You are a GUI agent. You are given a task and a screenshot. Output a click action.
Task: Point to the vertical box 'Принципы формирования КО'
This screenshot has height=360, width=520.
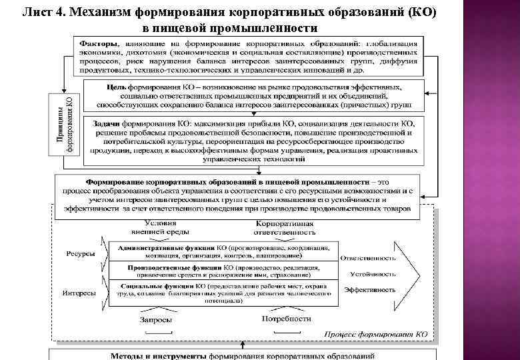[65, 124]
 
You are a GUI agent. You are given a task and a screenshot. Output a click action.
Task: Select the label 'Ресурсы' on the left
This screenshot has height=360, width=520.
[81, 254]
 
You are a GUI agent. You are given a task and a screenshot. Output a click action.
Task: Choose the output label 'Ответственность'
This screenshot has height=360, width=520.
[368, 258]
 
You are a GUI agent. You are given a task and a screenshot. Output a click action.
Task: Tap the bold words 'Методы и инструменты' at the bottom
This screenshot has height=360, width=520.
[151, 355]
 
